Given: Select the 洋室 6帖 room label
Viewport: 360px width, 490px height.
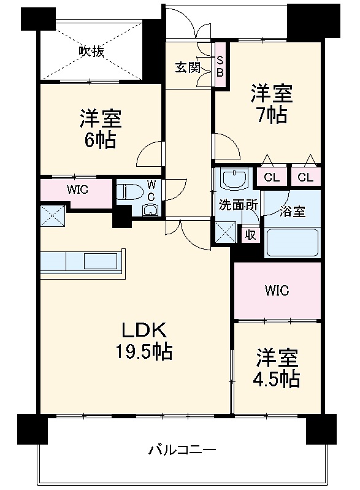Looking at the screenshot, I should click(99, 128).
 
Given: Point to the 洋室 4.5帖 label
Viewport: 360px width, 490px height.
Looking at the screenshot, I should click(277, 368).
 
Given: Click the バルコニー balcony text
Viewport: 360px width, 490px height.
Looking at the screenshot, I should click(182, 451).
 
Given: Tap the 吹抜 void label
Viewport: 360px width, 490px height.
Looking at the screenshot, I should click(91, 52).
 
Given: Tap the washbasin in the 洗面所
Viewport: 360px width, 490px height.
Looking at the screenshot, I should click(233, 180).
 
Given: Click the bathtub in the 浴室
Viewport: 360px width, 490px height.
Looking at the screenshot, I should click(292, 243).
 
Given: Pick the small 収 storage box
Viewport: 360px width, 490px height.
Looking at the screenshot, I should click(250, 235).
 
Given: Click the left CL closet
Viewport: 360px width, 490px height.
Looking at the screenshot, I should click(271, 177).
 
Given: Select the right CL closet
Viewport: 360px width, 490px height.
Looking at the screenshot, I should click(306, 177).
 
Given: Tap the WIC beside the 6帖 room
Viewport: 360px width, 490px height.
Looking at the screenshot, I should click(77, 190).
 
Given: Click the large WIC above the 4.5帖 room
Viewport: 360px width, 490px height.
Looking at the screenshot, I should click(277, 290).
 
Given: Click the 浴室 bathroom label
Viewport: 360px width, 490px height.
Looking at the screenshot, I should click(292, 212).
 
